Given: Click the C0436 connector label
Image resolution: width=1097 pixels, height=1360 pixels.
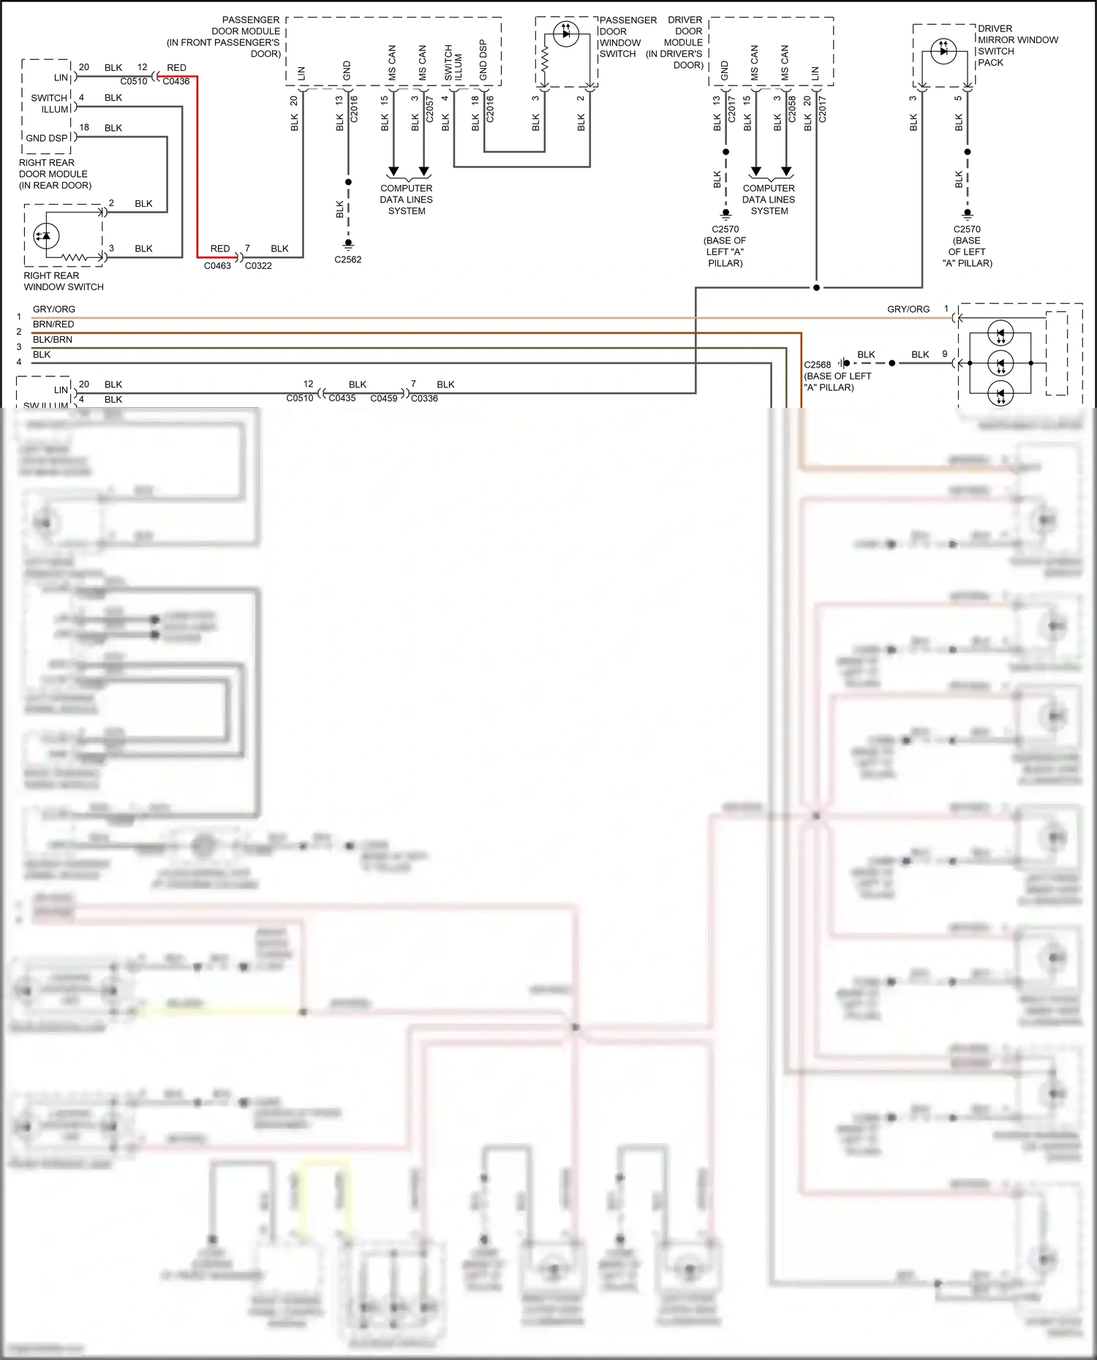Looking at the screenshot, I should [176, 81].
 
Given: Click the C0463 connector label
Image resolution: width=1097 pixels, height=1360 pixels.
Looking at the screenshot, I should [217, 266].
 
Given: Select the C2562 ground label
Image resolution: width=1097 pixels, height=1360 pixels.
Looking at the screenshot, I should [348, 259].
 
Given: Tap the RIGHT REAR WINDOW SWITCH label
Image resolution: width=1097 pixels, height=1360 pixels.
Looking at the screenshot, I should [64, 281].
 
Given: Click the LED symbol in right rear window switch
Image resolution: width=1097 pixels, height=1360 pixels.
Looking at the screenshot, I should [46, 235].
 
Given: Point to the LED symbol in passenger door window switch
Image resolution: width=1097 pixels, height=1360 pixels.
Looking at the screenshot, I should [565, 34].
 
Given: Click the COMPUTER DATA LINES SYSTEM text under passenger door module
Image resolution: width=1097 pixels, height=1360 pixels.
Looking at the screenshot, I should [407, 200].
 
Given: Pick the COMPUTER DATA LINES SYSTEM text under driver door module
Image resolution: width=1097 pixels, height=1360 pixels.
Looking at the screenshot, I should [769, 200].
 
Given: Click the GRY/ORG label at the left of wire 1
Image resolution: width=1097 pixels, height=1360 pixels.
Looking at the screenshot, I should [53, 309].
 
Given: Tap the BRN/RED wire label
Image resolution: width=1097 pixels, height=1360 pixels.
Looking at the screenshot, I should [53, 324].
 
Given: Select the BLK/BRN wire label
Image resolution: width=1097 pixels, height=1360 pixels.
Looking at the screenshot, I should [53, 340].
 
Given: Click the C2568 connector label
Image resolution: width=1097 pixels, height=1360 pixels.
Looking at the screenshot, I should [818, 365].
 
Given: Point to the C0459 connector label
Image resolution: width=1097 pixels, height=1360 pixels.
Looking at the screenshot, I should [384, 398].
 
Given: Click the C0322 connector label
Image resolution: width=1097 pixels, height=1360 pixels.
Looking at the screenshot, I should [258, 266].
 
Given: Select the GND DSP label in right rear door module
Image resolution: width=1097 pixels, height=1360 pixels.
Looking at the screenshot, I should [47, 138].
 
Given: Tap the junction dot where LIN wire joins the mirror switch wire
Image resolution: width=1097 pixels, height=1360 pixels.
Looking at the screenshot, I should [816, 287].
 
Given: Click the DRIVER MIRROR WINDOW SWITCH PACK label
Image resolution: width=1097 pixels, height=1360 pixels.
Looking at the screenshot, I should [1017, 45].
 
